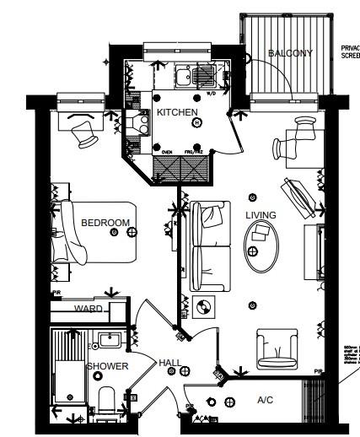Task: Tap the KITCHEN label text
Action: tap(177, 112)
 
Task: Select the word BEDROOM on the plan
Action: tap(105, 223)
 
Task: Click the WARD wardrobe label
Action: tap(88, 309)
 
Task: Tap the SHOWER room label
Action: tap(108, 366)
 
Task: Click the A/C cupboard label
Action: tap(265, 401)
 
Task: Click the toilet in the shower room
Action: tap(107, 400)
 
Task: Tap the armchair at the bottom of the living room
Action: tap(276, 345)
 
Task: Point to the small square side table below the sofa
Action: tap(203, 307)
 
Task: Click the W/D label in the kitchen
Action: tap(212, 94)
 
